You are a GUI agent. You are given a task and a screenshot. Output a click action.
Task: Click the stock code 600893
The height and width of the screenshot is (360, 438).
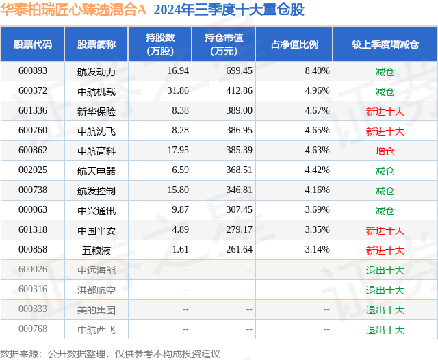coord(33,71)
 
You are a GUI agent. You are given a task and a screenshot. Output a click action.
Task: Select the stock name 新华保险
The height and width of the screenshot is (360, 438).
coord(96,111)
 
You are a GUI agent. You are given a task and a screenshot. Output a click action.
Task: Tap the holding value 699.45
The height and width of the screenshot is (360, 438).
coord(239,71)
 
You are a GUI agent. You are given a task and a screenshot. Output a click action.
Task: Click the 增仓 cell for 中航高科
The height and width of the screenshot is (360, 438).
coord(385,151)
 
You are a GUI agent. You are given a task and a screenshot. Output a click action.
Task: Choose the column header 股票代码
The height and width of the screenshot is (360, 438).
coord(33,44)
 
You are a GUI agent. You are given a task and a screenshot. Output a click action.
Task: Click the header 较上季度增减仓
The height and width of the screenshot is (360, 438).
coord(385,44)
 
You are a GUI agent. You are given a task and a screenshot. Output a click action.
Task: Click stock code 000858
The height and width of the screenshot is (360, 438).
coord(33,250)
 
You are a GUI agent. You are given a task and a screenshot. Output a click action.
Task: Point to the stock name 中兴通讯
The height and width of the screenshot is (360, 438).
coord(96,210)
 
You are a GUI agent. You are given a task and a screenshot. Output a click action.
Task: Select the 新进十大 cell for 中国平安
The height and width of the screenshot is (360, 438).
coord(385,230)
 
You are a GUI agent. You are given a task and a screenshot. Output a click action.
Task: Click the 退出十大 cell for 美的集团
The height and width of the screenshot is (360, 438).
coord(385,309)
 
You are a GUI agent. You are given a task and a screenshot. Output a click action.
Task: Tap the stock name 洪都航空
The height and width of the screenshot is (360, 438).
coord(96,290)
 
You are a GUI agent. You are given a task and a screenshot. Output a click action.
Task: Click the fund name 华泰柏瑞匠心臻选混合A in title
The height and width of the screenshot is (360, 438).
coord(73,10)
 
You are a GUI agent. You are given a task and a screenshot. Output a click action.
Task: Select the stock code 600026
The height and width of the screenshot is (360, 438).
coord(33,270)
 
